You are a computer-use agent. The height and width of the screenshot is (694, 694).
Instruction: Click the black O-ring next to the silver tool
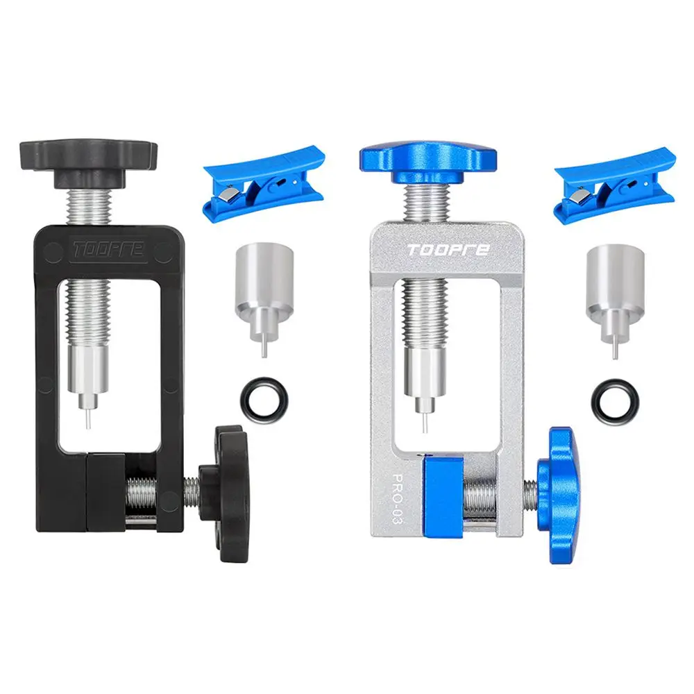611,400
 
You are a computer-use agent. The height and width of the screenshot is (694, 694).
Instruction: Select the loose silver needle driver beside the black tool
262,285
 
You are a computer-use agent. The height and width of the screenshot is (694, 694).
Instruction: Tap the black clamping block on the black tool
105,489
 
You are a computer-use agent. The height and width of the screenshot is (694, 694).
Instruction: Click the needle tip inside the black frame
87,421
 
